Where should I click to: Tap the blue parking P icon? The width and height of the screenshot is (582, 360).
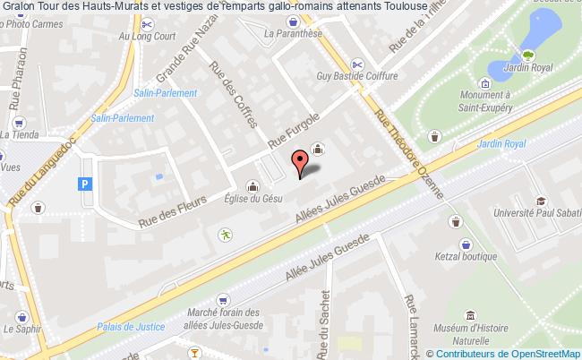pyautogui.click(x=85, y=184)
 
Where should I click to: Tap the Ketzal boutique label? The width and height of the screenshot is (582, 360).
pyautogui.click(x=466, y=255)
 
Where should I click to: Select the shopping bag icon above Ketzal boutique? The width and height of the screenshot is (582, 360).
pyautogui.click(x=466, y=243)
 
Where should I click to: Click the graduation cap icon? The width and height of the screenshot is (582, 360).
pyautogui.click(x=541, y=201)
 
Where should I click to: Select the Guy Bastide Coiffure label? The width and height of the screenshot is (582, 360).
pyautogui.click(x=356, y=76)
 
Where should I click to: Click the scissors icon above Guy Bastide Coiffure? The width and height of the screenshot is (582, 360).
pyautogui.click(x=357, y=64)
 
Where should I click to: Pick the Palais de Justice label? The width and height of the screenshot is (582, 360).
pyautogui.click(x=124, y=326)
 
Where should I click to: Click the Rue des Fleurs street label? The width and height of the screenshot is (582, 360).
pyautogui.click(x=173, y=208)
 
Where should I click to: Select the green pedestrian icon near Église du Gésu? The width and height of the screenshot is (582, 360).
pyautogui.click(x=223, y=236)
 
